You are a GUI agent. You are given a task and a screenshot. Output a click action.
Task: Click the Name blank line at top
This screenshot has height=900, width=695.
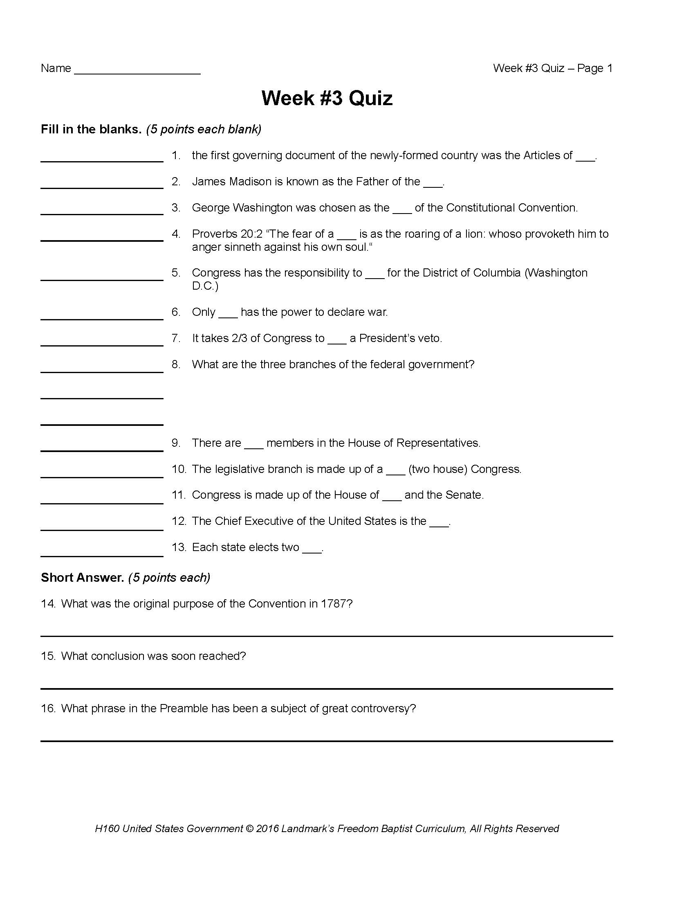pos(137,72)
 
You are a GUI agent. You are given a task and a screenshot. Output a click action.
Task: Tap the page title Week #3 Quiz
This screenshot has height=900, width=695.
pos(327,99)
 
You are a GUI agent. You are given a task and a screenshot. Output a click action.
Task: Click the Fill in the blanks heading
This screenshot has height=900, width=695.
pos(91,129)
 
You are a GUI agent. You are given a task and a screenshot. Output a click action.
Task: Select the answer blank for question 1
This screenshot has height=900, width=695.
pos(102,160)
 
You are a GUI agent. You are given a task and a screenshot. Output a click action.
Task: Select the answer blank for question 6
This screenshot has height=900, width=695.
pos(102,317)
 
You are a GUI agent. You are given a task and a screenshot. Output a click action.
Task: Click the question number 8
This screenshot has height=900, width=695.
pos(176,364)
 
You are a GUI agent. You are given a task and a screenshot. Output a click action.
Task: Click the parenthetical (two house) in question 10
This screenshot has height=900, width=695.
pos(438,469)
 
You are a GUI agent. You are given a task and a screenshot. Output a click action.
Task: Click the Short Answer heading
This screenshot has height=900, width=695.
pos(82,578)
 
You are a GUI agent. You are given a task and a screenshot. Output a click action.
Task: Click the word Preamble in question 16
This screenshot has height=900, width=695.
pos(184,709)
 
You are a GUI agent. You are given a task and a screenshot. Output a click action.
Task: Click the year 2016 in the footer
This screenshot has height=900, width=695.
pos(267,829)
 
